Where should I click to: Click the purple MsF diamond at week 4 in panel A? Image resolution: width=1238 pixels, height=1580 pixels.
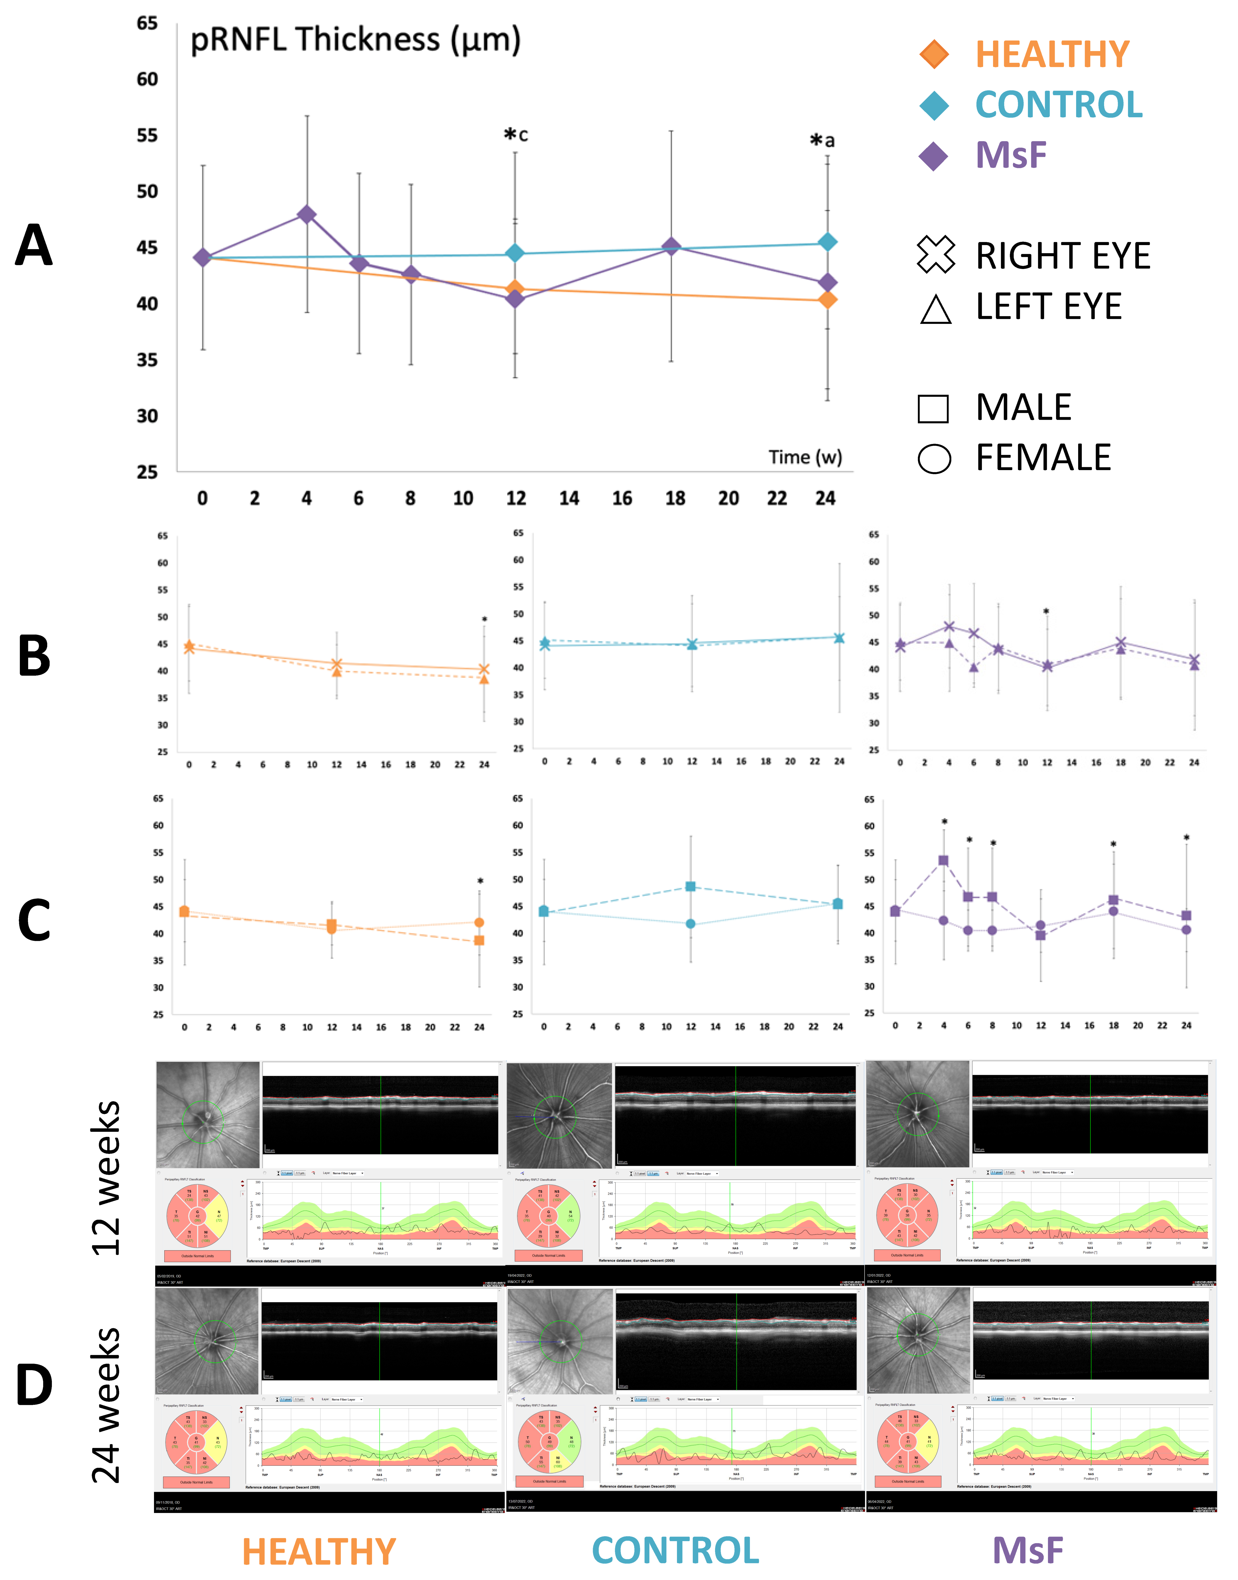pyautogui.click(x=307, y=214)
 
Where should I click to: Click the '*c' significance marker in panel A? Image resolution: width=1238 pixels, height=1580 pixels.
pyautogui.click(x=515, y=135)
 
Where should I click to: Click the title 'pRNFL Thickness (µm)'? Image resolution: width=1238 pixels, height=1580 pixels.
pyautogui.click(x=355, y=40)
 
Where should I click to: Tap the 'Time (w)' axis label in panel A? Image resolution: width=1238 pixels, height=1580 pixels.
pyautogui.click(x=805, y=457)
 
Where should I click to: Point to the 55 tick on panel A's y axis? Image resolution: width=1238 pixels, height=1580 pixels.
pyautogui.click(x=147, y=135)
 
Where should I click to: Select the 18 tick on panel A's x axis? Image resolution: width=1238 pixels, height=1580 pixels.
pyautogui.click(x=675, y=498)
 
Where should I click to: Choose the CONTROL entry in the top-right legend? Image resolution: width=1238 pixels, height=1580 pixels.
pyautogui.click(x=1058, y=105)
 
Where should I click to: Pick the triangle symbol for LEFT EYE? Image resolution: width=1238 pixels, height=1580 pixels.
pyautogui.click(x=935, y=309)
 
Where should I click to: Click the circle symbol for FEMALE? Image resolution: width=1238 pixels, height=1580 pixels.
pyautogui.click(x=934, y=459)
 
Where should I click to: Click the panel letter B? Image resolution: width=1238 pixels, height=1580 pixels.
pyautogui.click(x=34, y=656)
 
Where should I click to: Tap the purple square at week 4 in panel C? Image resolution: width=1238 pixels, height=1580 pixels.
pyautogui.click(x=943, y=861)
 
